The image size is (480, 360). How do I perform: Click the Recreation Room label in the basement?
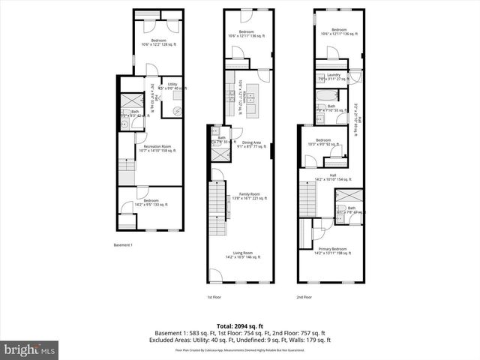tap(157, 148)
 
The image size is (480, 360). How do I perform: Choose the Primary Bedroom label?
tap(332, 250)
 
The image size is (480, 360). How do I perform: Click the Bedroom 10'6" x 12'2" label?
tap(158, 42)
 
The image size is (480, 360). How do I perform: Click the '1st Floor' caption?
tap(214, 298)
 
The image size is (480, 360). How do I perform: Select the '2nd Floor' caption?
tap(304, 298)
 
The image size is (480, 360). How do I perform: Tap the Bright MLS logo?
tap(30, 350)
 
